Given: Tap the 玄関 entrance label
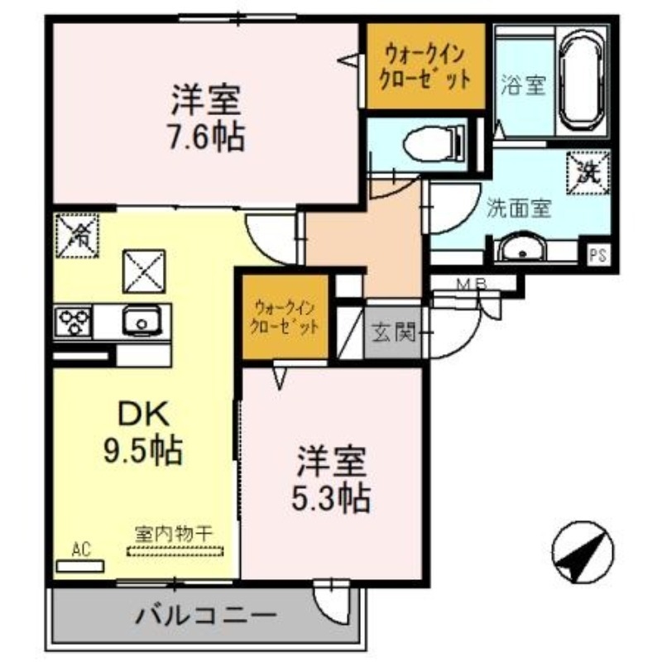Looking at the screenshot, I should pyautogui.click(x=393, y=334).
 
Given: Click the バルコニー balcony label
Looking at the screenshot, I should pyautogui.click(x=205, y=616).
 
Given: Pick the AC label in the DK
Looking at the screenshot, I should pyautogui.click(x=80, y=549).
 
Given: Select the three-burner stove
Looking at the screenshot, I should pyautogui.click(x=74, y=321).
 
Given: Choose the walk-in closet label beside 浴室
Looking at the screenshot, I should pyautogui.click(x=424, y=67).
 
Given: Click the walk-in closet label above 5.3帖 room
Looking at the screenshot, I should pyautogui.click(x=285, y=315).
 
